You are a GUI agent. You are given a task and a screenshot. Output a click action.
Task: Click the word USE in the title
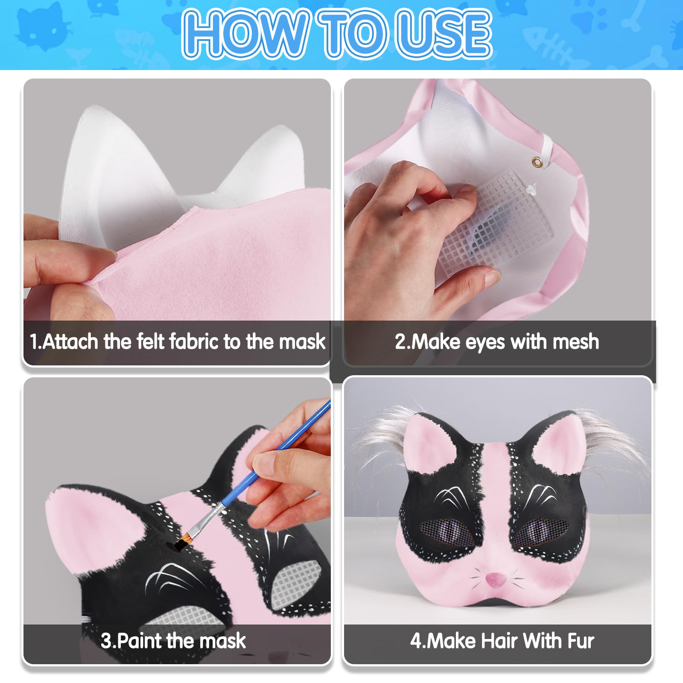(x=444, y=34)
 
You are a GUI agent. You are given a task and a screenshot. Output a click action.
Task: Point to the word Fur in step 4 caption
(x=581, y=641)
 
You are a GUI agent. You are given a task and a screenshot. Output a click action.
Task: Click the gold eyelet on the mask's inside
(x=536, y=161)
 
